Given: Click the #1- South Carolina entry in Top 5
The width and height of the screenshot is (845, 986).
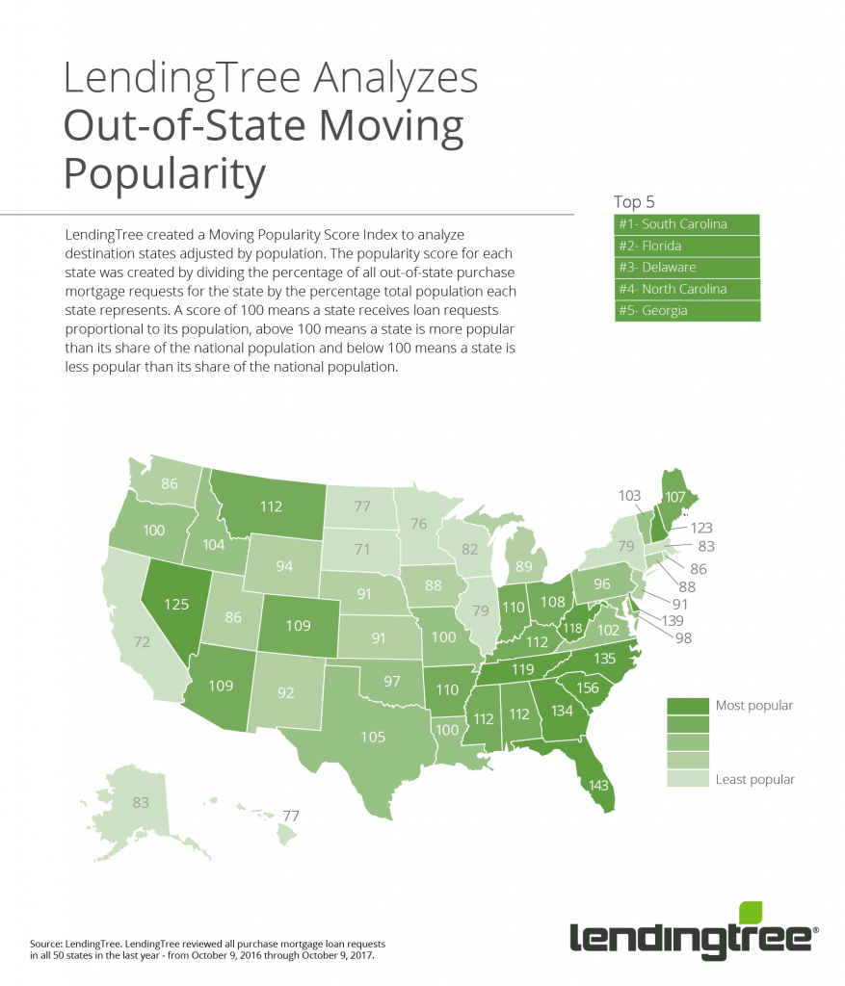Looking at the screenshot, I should click(x=687, y=224).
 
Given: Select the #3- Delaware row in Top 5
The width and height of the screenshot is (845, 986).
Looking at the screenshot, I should click(x=687, y=268).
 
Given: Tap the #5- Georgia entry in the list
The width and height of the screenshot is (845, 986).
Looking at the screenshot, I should click(x=687, y=311).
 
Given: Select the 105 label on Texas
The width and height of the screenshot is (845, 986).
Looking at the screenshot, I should click(x=373, y=738).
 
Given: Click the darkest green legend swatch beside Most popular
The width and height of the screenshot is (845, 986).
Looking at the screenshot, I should click(x=687, y=706).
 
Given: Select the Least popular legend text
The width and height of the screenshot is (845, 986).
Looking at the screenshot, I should click(x=754, y=779).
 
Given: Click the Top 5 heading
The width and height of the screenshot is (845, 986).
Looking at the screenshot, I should click(x=634, y=202).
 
